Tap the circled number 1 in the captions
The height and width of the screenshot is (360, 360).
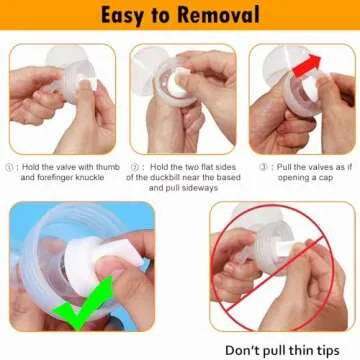(12, 167)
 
